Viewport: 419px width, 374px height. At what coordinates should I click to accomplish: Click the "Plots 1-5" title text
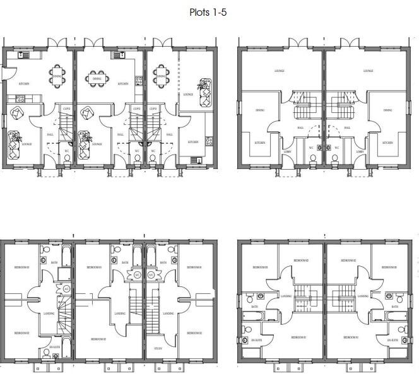pyautogui.click(x=209, y=11)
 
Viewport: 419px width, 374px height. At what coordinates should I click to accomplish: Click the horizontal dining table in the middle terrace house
pyautogui.click(x=97, y=79)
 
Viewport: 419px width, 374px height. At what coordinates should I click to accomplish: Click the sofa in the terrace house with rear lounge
pyautogui.click(x=204, y=94)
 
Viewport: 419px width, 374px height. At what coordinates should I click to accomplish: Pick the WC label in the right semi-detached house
pyautogui.click(x=336, y=148)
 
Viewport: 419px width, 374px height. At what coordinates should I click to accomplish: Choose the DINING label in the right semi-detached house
pyautogui.click(x=387, y=110)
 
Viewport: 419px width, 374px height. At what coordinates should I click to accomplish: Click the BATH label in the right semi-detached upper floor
pyautogui.click(x=395, y=307)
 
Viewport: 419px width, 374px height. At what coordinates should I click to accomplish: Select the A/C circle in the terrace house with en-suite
pyautogui.click(x=66, y=289)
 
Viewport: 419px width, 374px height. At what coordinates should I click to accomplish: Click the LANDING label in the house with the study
pyautogui.click(x=168, y=313)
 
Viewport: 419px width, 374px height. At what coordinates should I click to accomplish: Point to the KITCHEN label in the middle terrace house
pyautogui.click(x=123, y=83)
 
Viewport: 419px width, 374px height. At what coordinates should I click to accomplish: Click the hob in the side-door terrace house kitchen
pyautogui.click(x=20, y=98)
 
